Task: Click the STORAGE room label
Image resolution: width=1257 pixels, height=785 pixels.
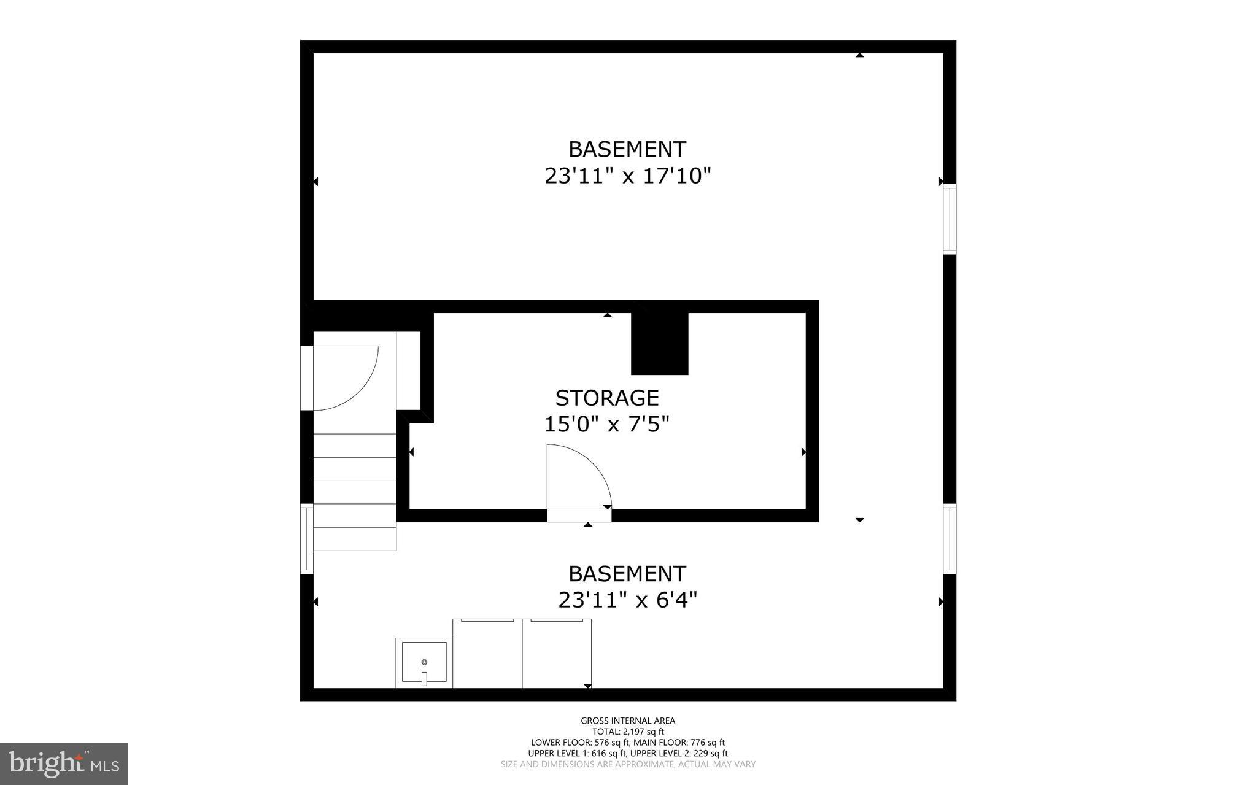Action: pyautogui.click(x=607, y=398)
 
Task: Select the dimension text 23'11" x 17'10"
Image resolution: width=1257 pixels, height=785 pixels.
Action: pyautogui.click(x=627, y=177)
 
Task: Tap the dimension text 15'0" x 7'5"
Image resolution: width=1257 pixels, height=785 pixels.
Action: pyautogui.click(x=606, y=424)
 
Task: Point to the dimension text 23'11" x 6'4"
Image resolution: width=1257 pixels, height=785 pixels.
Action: pyautogui.click(x=627, y=600)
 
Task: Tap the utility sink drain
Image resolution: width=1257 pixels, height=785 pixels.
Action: pyautogui.click(x=424, y=662)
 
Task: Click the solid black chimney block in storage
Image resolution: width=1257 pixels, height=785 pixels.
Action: pyautogui.click(x=660, y=343)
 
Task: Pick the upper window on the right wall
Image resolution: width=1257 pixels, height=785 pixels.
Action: pyautogui.click(x=949, y=219)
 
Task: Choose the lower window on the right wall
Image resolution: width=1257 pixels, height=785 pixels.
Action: pyautogui.click(x=949, y=538)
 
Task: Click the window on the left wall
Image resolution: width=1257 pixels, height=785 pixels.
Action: pyautogui.click(x=306, y=538)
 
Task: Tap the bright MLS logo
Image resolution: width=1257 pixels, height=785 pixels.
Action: pyautogui.click(x=64, y=764)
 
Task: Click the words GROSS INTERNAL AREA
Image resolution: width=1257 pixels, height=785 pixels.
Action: pyautogui.click(x=628, y=721)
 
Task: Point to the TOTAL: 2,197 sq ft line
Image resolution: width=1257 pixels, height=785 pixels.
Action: pyautogui.click(x=628, y=732)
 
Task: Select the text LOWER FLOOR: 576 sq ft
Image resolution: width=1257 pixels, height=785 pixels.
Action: pyautogui.click(x=576, y=743)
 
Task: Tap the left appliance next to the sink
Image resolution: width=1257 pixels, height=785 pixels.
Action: pyautogui.click(x=487, y=654)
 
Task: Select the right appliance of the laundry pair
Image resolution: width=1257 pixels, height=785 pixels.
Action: pyautogui.click(x=557, y=654)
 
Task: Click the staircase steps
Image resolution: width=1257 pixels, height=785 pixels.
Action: pyautogui.click(x=355, y=491)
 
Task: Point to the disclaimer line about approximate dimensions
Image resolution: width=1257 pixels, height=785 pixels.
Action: pyautogui.click(x=628, y=764)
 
